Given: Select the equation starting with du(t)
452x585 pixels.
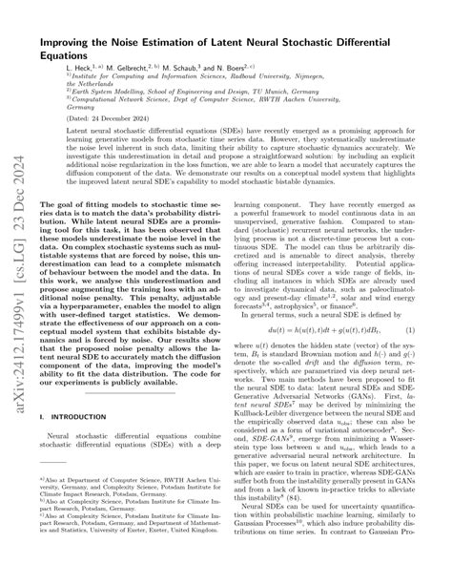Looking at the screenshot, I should click(x=321, y=330).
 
